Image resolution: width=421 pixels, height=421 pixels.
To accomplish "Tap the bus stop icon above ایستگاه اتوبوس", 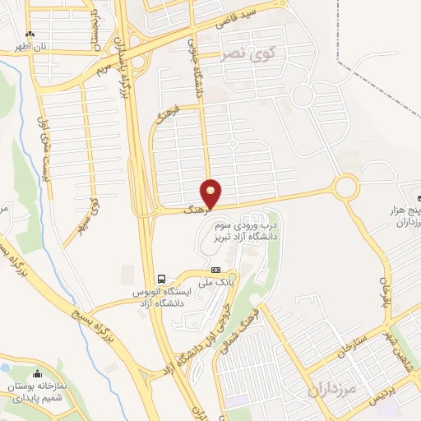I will [162, 278].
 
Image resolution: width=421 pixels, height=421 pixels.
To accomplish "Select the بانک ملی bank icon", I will [215, 269].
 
